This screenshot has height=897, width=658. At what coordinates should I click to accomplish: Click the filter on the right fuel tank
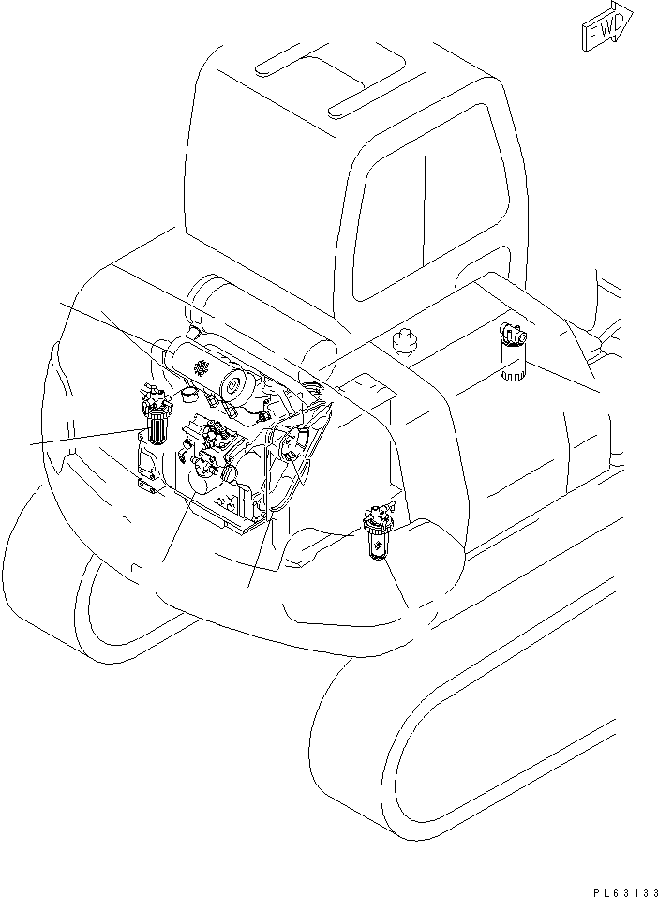pyautogui.click(x=513, y=352)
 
